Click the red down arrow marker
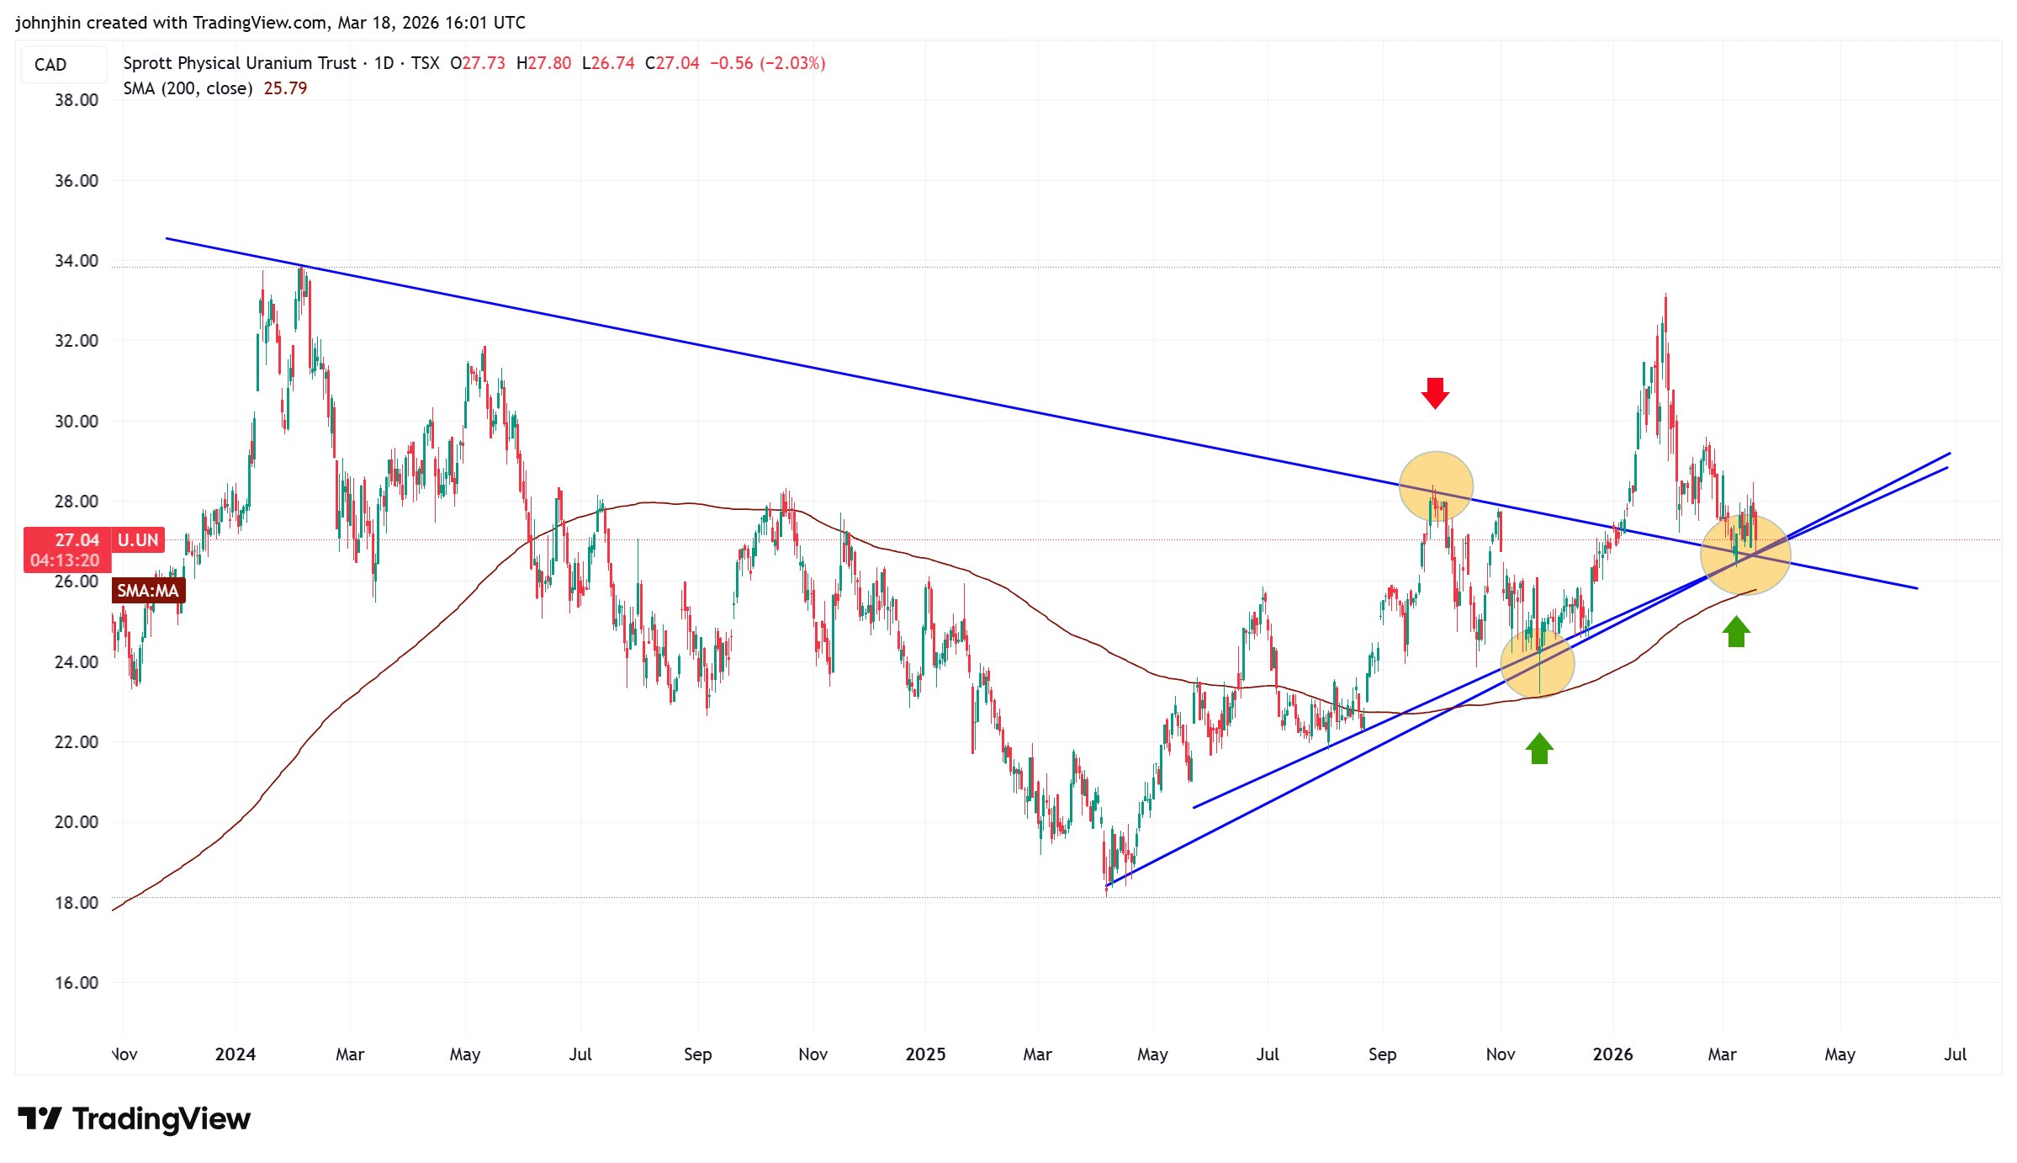coord(1435,393)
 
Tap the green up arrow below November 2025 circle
coord(1539,748)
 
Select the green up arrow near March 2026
coord(1736,631)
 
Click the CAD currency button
coord(50,65)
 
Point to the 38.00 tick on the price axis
coord(77,100)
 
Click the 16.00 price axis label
coord(77,983)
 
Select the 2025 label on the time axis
coord(925,1054)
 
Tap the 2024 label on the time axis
coord(236,1054)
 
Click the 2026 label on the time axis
coord(1612,1054)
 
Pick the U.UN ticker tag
coord(138,540)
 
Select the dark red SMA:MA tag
coord(148,591)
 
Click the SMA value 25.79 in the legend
coord(285,88)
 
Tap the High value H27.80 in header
coord(543,63)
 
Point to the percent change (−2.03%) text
coord(792,63)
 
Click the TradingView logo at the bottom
coord(135,1119)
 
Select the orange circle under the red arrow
coord(1436,487)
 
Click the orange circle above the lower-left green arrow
coord(1538,663)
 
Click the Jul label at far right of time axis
coord(1955,1054)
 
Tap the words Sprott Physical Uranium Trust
coord(240,63)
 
